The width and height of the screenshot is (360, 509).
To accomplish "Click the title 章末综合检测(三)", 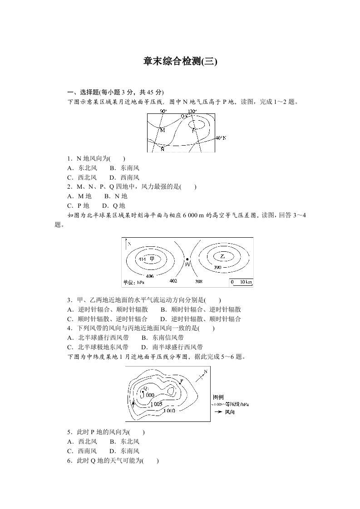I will tap(180, 61).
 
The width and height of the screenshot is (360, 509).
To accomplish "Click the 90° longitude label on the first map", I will tap(163, 111).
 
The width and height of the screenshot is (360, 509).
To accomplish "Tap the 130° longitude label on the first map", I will tap(192, 111).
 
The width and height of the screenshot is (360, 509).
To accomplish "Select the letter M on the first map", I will tap(163, 130).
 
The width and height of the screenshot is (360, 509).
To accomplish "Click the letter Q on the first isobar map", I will tap(182, 116).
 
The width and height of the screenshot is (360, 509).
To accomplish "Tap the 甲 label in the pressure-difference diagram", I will tap(153, 259).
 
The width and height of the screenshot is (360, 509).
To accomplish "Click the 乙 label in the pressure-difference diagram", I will tap(222, 257).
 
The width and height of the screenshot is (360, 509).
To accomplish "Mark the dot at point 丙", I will tap(187, 259).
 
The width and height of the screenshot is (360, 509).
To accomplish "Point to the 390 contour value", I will tap(217, 268).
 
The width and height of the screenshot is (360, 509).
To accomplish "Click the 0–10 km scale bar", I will tap(241, 283).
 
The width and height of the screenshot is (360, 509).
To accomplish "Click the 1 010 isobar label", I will tap(169, 411).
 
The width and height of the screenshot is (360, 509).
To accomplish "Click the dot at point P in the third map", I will tap(180, 384).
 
